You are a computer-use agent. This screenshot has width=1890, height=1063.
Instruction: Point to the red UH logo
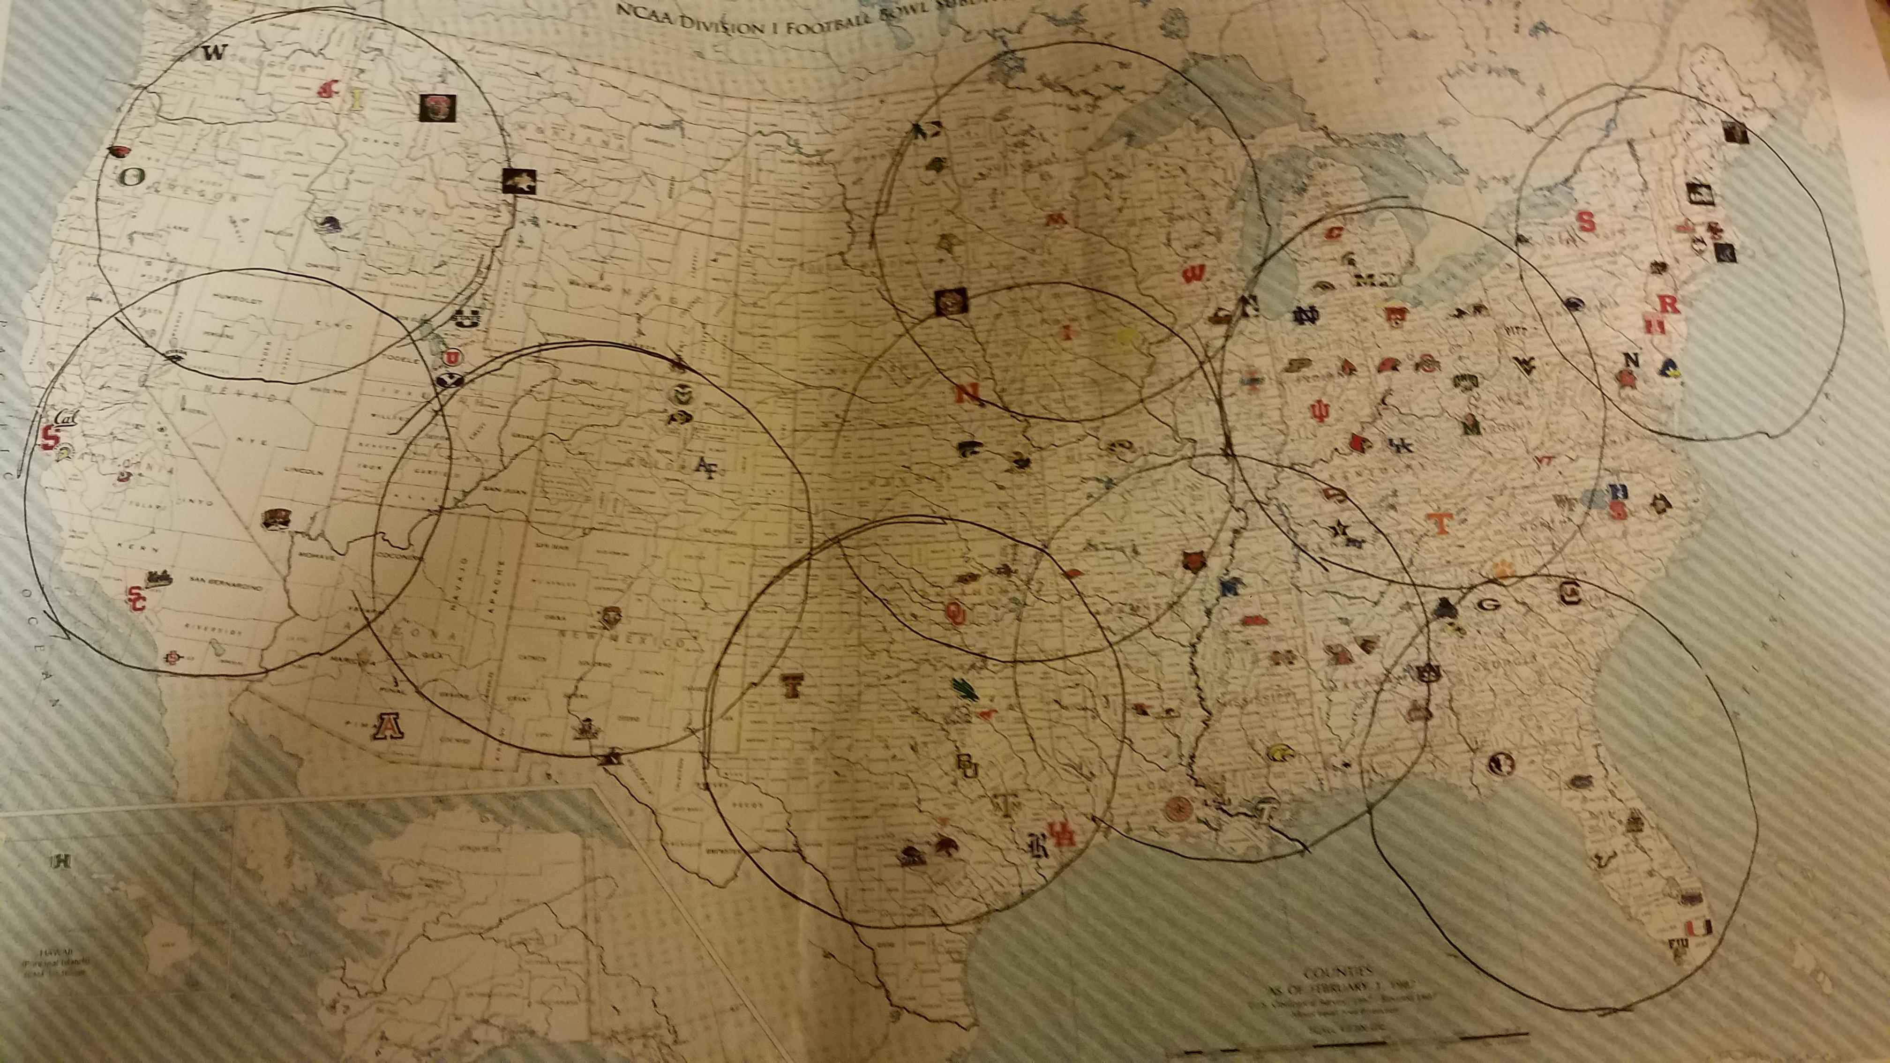[1061, 835]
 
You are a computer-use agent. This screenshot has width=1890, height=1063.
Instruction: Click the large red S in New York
[1586, 222]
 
